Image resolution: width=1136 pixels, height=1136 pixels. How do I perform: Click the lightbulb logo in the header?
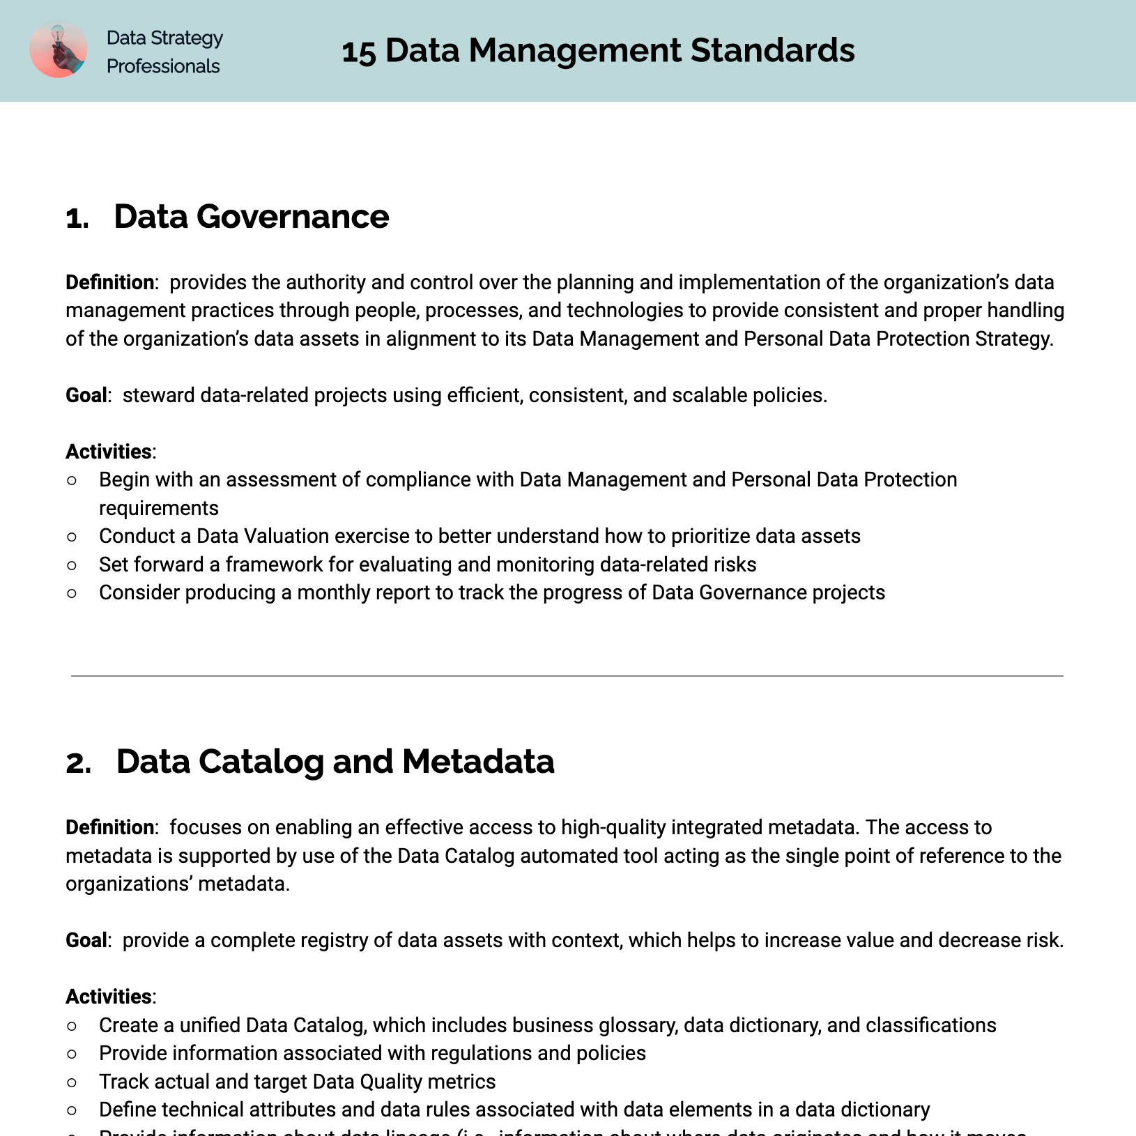tap(59, 49)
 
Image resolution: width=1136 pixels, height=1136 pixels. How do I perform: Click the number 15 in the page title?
tap(359, 52)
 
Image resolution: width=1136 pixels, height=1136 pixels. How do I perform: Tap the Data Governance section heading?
tap(251, 216)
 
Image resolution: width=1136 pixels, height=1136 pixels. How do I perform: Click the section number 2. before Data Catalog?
tap(78, 762)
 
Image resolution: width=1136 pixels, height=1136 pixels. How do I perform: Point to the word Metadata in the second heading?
tap(478, 761)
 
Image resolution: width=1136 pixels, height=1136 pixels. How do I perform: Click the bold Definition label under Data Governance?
tap(109, 282)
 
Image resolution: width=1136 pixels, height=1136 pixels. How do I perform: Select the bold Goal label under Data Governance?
tap(86, 395)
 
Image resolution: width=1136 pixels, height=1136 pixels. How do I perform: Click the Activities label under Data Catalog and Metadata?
tap(109, 997)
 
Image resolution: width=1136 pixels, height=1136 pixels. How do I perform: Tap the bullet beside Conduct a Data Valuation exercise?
tap(72, 537)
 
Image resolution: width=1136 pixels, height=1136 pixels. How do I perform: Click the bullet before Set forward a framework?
tap(72, 565)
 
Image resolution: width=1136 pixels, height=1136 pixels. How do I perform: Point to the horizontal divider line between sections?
tap(567, 675)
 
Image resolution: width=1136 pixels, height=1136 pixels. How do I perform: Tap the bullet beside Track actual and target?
tap(72, 1082)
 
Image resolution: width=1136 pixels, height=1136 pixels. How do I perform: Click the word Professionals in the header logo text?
tap(163, 66)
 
